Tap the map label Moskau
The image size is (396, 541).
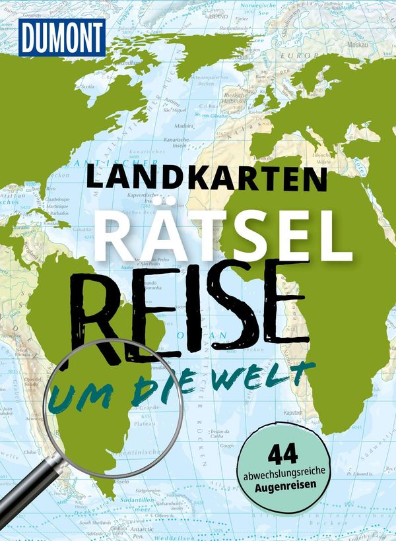pos(378,47)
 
